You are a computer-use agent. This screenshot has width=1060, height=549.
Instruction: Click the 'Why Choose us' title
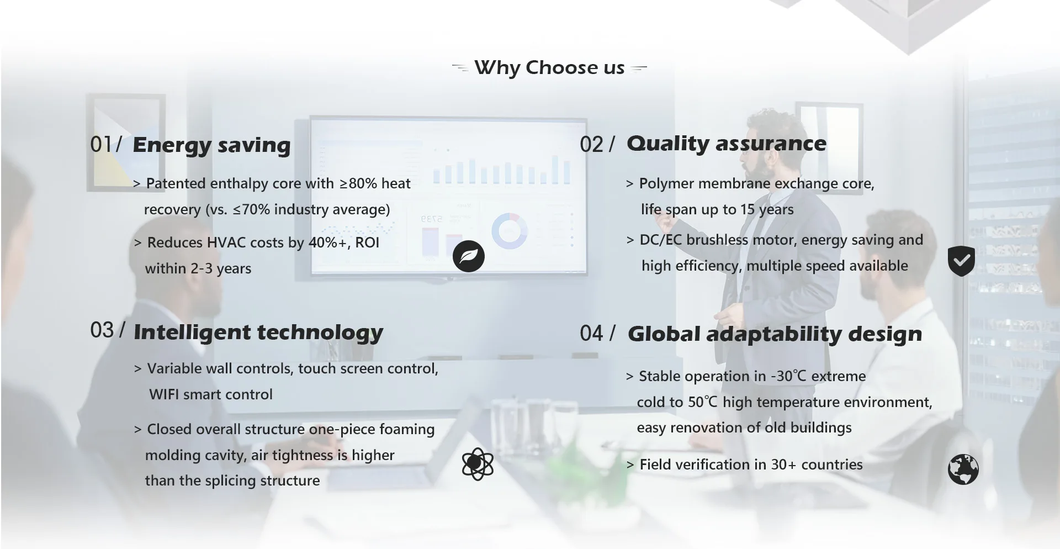tap(549, 68)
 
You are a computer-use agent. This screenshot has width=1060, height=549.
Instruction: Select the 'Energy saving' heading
tap(211, 145)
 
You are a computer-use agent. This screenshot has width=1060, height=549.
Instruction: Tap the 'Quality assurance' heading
tap(727, 144)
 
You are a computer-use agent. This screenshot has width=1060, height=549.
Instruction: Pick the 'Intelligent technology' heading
tap(258, 332)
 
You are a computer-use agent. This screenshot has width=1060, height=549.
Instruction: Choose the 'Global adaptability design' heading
tap(775, 334)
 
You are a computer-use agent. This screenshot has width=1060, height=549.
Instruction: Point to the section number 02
tap(592, 145)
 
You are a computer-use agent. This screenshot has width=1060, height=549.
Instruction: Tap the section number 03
tap(102, 330)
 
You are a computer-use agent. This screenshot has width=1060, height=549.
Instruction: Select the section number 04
tap(592, 334)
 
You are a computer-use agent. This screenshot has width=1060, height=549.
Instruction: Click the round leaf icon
tap(469, 256)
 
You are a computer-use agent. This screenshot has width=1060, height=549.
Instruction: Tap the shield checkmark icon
tap(961, 261)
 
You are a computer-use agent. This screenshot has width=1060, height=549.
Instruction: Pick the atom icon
tap(478, 464)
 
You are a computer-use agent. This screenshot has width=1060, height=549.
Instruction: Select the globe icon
tap(963, 469)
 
